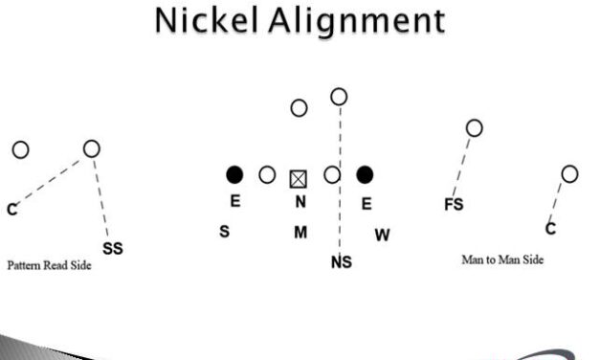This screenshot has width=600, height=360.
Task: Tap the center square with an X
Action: click(300, 176)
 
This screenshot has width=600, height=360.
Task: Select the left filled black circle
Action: click(234, 175)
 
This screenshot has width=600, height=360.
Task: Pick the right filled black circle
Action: click(365, 175)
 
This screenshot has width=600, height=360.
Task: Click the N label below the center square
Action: click(300, 202)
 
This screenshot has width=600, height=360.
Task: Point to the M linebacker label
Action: click(300, 233)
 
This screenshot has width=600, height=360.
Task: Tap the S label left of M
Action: click(224, 232)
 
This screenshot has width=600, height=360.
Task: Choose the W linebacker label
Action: click(382, 235)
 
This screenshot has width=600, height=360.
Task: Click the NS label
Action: click(341, 261)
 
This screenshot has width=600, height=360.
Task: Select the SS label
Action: click(112, 248)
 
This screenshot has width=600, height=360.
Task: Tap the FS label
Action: click(454, 204)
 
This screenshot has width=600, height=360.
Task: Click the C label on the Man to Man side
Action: click(550, 228)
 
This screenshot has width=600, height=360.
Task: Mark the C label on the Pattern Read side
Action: click(11, 208)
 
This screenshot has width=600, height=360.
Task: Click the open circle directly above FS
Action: click(474, 127)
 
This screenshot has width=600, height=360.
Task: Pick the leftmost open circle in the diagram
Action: click(20, 149)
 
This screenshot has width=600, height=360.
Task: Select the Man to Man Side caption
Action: click(502, 259)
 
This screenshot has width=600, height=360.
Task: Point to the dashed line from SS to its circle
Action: click(100, 196)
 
